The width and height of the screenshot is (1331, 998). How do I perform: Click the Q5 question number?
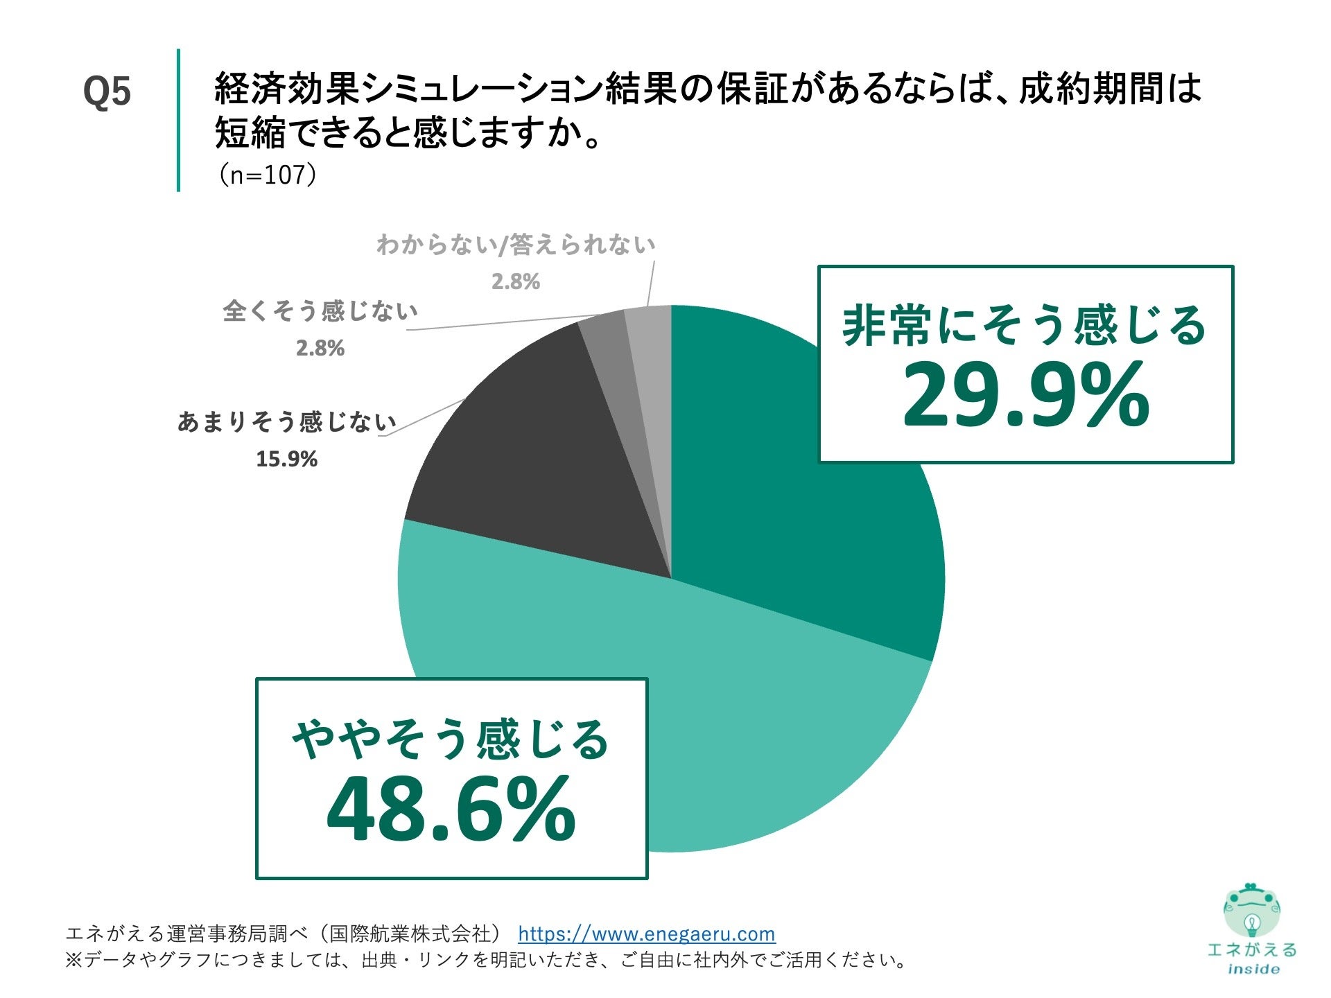point(107,91)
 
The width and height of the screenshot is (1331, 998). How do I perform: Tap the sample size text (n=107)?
point(268,175)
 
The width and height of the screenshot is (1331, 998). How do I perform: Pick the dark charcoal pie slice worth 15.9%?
point(541,471)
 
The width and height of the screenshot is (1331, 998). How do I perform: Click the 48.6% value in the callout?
point(451,809)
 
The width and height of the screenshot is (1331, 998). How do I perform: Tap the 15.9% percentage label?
point(286,459)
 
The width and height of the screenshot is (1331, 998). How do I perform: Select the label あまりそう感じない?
point(286,421)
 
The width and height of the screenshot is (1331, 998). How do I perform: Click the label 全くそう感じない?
point(320,311)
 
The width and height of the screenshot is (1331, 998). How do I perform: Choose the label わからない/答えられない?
point(516,245)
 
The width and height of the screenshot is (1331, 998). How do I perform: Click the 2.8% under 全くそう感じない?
point(320,348)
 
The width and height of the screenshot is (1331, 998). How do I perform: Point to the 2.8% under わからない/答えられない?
point(516,281)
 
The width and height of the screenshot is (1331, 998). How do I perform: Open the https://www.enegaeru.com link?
point(646,934)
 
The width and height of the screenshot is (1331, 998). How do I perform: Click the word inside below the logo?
point(1253,969)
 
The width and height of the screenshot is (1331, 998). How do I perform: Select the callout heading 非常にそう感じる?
point(1025,326)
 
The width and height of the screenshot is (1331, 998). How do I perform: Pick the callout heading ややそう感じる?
point(451,739)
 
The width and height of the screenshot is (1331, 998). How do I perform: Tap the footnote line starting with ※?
point(485,960)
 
